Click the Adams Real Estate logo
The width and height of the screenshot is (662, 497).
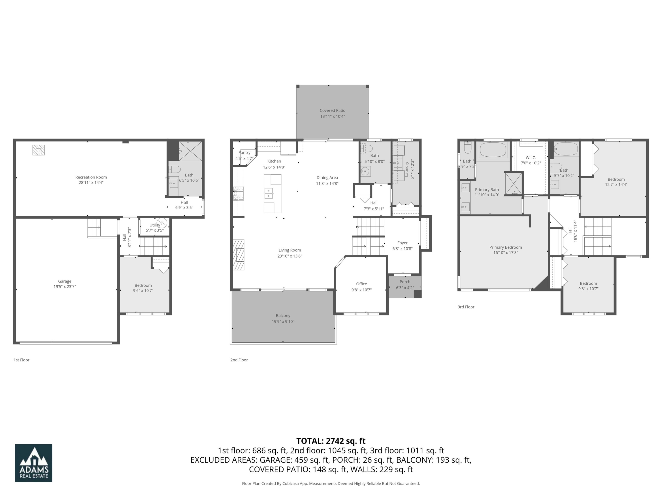pos(34,463)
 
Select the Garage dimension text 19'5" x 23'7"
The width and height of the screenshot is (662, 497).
pos(65,287)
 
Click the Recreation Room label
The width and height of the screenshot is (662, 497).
pos(91,177)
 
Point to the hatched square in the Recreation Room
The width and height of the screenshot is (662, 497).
pos(39,150)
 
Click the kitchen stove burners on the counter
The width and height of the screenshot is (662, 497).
pos(238,193)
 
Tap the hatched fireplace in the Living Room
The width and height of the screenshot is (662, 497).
pos(239,255)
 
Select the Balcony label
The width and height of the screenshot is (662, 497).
pos(283,315)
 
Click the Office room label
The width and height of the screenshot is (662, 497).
pos(361,284)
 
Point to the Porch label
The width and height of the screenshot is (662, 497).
pos(405,282)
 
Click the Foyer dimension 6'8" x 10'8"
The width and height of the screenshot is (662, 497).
pos(402,249)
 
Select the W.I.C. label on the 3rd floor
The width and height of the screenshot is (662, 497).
pos(531,157)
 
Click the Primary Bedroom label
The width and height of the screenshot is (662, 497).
pos(506,247)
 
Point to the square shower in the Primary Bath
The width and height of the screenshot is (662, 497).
pos(513,184)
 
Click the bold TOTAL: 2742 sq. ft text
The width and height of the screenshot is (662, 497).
pos(331,441)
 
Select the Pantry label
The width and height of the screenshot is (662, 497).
pos(244,152)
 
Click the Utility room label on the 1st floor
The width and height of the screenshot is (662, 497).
pos(154,225)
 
